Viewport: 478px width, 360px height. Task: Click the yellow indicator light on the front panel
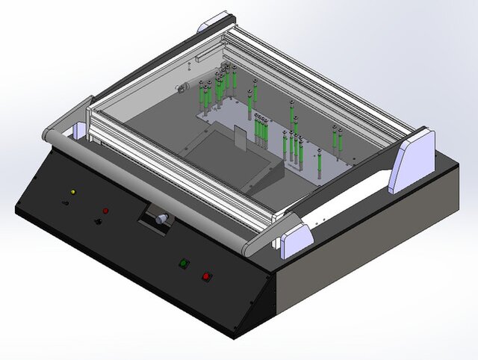click(72, 192)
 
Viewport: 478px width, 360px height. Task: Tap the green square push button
click(183, 263)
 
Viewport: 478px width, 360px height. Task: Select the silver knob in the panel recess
click(160, 220)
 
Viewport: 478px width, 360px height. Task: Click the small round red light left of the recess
click(105, 211)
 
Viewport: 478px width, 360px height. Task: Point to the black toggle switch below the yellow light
click(63, 202)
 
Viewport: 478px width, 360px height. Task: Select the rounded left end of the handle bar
click(49, 137)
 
